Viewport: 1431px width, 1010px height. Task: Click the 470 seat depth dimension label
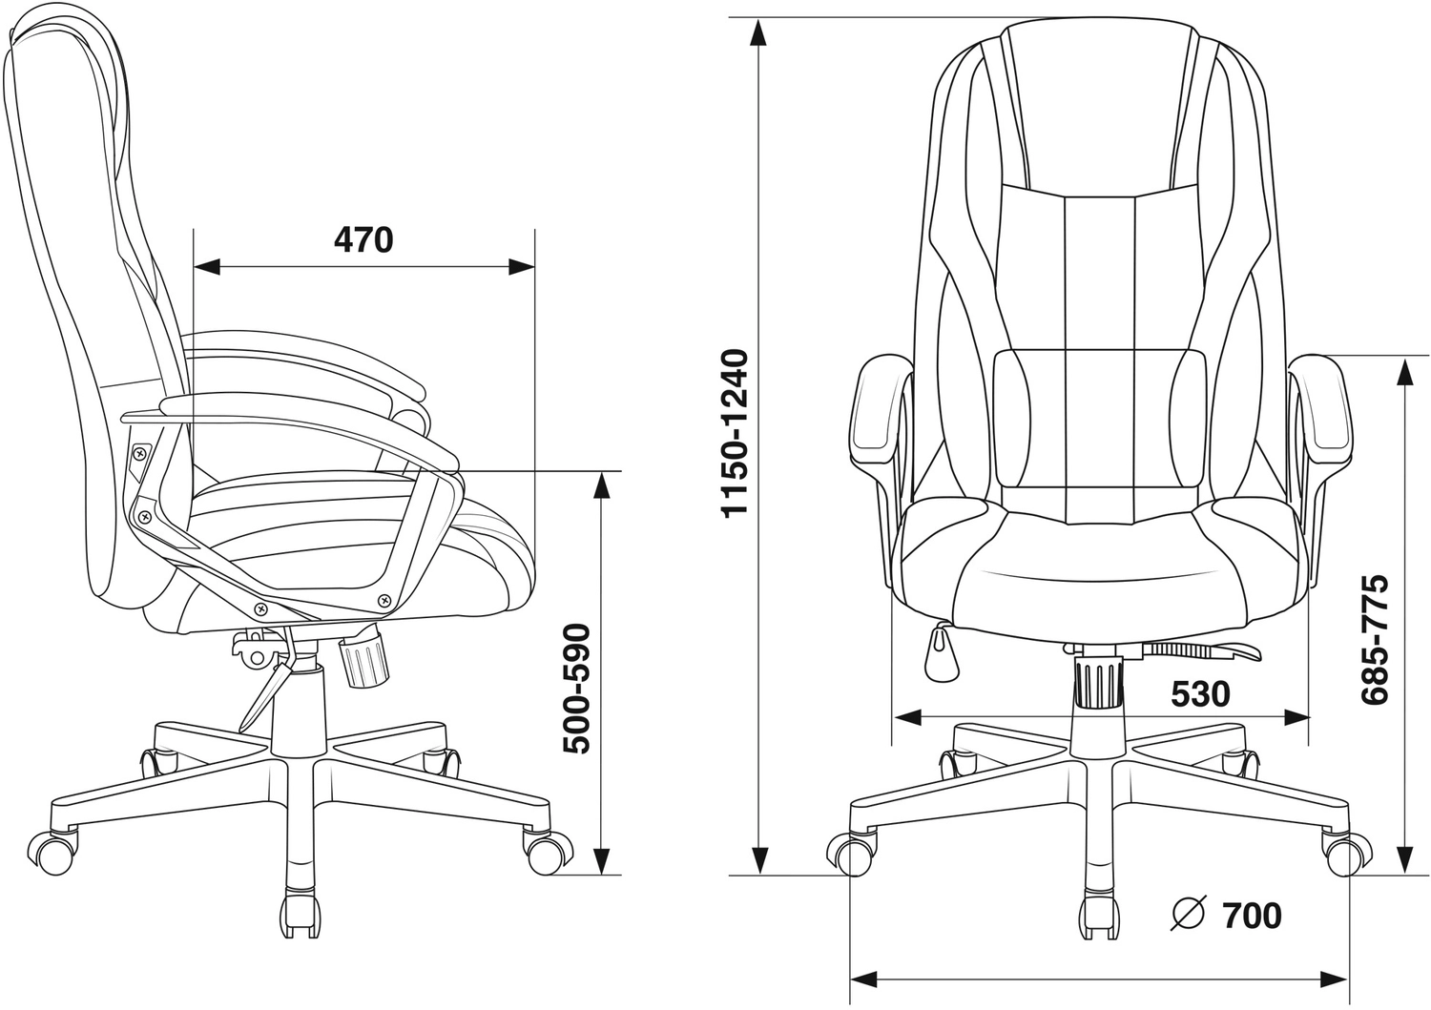363,240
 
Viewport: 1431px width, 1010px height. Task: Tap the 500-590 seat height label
578,690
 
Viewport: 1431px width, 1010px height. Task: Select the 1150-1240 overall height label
734,432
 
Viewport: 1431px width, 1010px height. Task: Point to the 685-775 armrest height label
1375,640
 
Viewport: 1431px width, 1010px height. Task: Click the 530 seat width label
1200,693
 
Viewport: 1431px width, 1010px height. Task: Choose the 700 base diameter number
1252,916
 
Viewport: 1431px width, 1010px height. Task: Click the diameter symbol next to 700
1188,915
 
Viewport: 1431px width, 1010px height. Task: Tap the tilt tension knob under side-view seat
364,659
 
